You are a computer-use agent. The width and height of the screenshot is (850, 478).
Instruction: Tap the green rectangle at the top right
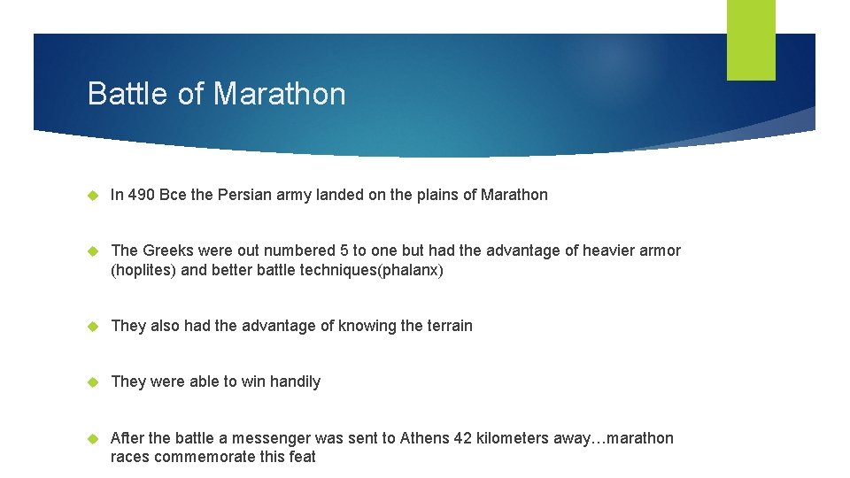pyautogui.click(x=751, y=40)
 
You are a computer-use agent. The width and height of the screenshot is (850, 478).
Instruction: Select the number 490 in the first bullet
pyautogui.click(x=143, y=195)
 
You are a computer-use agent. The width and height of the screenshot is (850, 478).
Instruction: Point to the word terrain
pyautogui.click(x=449, y=326)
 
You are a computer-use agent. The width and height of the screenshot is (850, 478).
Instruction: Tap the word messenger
pyautogui.click(x=263, y=438)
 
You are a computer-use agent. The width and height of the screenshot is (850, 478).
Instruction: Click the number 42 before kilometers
pyautogui.click(x=464, y=438)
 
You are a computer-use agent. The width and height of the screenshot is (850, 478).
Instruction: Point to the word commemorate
pyautogui.click(x=211, y=457)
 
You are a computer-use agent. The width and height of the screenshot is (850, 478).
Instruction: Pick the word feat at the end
pyautogui.click(x=301, y=457)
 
